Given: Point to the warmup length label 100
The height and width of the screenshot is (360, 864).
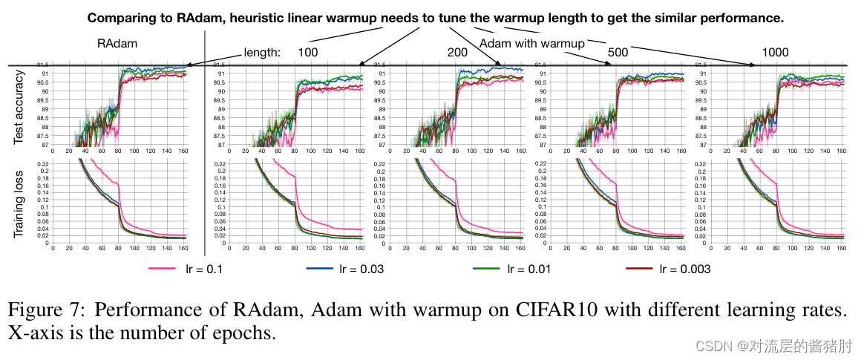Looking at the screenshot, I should click(x=308, y=52).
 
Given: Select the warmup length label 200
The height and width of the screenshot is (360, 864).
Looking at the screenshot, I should click(x=457, y=52).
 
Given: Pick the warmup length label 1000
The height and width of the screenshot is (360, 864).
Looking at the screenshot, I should click(x=775, y=52).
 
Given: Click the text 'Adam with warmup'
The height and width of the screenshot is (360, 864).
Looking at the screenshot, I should click(x=532, y=44).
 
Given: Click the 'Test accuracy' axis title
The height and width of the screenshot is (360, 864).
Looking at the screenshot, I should click(x=20, y=106).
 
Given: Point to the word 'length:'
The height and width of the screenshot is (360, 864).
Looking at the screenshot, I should click(x=262, y=53).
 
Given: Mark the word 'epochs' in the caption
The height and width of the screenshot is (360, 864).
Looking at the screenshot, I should click(x=245, y=333).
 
